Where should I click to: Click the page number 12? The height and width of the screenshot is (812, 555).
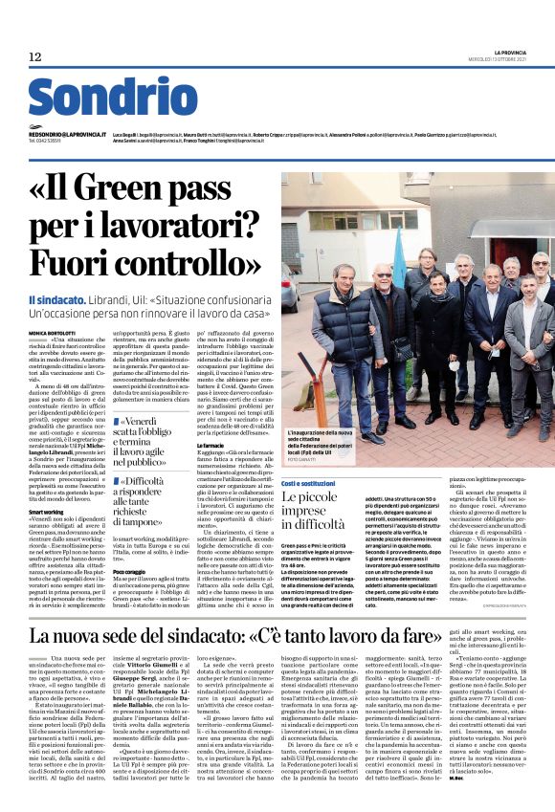point(35,57)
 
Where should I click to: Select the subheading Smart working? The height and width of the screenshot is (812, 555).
point(46,512)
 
